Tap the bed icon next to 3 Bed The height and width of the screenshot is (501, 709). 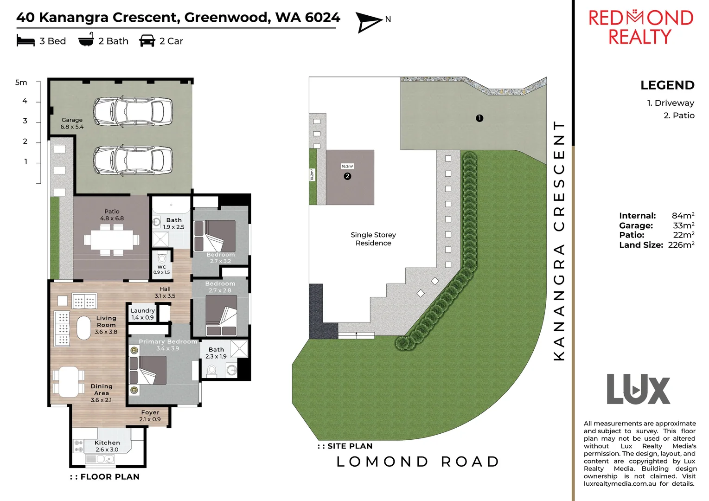(26, 41)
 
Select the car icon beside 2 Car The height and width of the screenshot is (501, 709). (147, 41)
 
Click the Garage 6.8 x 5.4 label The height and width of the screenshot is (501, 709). (72, 123)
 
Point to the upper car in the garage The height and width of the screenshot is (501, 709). (133, 112)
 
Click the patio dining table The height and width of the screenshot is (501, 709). (112, 240)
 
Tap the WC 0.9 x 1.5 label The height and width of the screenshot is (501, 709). (161, 270)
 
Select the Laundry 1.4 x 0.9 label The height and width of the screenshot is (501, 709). (142, 314)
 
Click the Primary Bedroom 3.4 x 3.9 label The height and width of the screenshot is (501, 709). (168, 345)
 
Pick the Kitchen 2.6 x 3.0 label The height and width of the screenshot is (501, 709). (107, 446)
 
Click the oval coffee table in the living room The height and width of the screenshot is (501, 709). (84, 328)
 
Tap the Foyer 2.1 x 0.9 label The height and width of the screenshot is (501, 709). (150, 416)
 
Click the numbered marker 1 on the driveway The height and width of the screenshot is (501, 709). (479, 118)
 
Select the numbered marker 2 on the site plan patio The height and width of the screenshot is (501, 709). (347, 176)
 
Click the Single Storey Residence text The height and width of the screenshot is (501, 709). (373, 239)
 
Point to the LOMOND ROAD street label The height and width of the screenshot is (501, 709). (418, 462)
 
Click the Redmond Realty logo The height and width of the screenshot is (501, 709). (640, 27)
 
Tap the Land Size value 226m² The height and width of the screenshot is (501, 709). (681, 245)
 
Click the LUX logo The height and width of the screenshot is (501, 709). (639, 390)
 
